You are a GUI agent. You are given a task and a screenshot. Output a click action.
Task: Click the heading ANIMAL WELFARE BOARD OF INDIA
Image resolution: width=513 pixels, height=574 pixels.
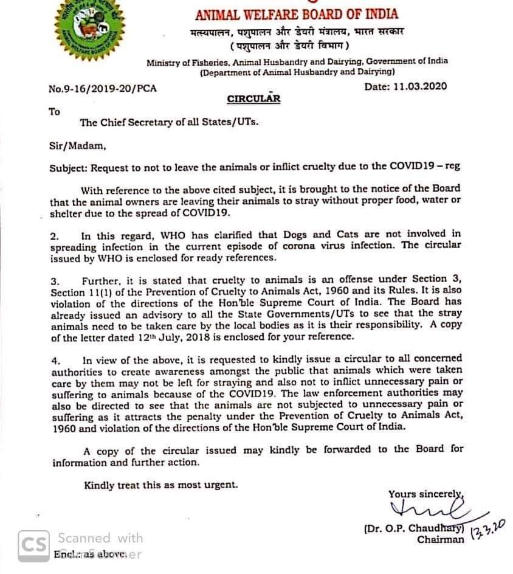coord(296,15)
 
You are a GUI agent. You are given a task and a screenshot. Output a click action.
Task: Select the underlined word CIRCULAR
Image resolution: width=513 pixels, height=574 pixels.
coord(253,99)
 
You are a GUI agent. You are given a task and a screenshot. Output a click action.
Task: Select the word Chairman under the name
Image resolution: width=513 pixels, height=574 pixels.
coord(440,539)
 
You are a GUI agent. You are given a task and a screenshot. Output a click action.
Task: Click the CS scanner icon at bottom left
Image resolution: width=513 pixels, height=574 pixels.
coord(32,544)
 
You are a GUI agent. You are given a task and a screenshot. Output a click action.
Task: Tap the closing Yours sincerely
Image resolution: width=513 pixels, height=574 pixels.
coord(425,494)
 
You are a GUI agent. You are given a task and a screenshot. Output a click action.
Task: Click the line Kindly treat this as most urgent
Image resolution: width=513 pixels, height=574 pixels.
coord(161,485)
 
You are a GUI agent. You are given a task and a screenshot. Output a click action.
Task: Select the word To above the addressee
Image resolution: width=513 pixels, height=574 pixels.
coord(55,111)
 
